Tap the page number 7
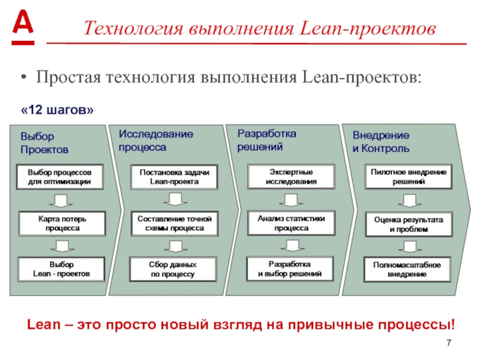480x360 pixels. point(448,343)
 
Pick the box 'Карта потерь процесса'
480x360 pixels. point(62,224)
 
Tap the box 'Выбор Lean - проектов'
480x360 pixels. point(61,269)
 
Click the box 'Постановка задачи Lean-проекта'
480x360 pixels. point(174,177)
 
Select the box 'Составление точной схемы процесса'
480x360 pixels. point(174,223)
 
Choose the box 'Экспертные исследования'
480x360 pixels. point(291,176)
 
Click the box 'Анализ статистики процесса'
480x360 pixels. point(291,223)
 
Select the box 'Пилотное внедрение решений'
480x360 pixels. point(407,176)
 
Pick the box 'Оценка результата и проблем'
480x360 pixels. point(408,224)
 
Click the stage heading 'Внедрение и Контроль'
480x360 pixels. point(381,142)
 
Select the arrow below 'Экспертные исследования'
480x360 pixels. point(290,199)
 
